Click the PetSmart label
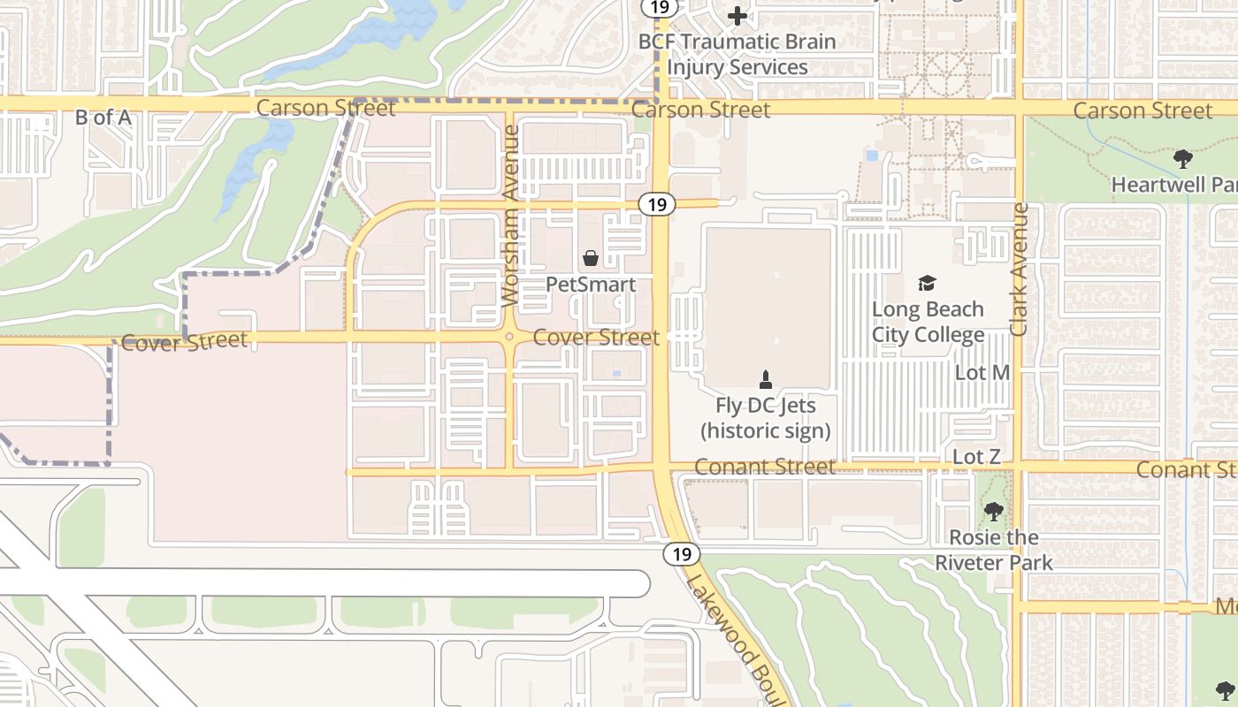(x=590, y=285)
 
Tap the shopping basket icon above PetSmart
(x=590, y=258)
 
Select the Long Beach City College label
(x=928, y=322)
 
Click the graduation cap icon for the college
(x=927, y=283)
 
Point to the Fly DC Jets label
(x=765, y=418)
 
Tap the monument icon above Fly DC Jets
(x=766, y=380)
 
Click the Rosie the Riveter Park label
(x=994, y=550)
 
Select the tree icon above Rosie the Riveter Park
(x=994, y=511)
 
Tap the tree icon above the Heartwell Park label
(x=1182, y=159)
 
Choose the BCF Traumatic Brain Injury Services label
(x=737, y=54)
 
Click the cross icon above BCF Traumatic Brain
(x=737, y=15)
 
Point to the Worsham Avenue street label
(x=510, y=216)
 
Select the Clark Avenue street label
(x=1020, y=270)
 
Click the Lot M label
(x=982, y=373)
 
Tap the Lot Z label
(x=976, y=457)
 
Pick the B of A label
(x=103, y=117)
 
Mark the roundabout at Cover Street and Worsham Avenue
(x=509, y=336)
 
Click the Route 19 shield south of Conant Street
(x=681, y=554)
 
